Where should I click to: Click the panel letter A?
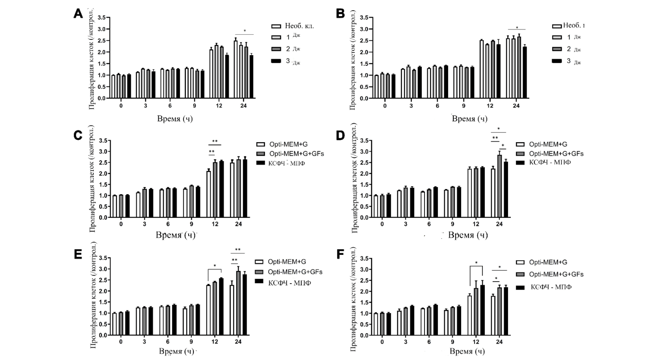coord(78,14)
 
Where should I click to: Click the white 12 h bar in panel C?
coord(209,194)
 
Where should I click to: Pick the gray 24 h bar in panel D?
coord(499,186)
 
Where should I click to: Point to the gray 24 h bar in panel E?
coord(238,303)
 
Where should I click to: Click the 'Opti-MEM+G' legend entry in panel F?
coord(548,262)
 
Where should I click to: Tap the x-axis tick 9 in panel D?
coord(452,224)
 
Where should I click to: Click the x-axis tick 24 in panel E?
coord(238,341)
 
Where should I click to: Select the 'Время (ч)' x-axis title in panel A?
coord(175,118)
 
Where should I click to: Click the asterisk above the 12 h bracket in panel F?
coord(476,263)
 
